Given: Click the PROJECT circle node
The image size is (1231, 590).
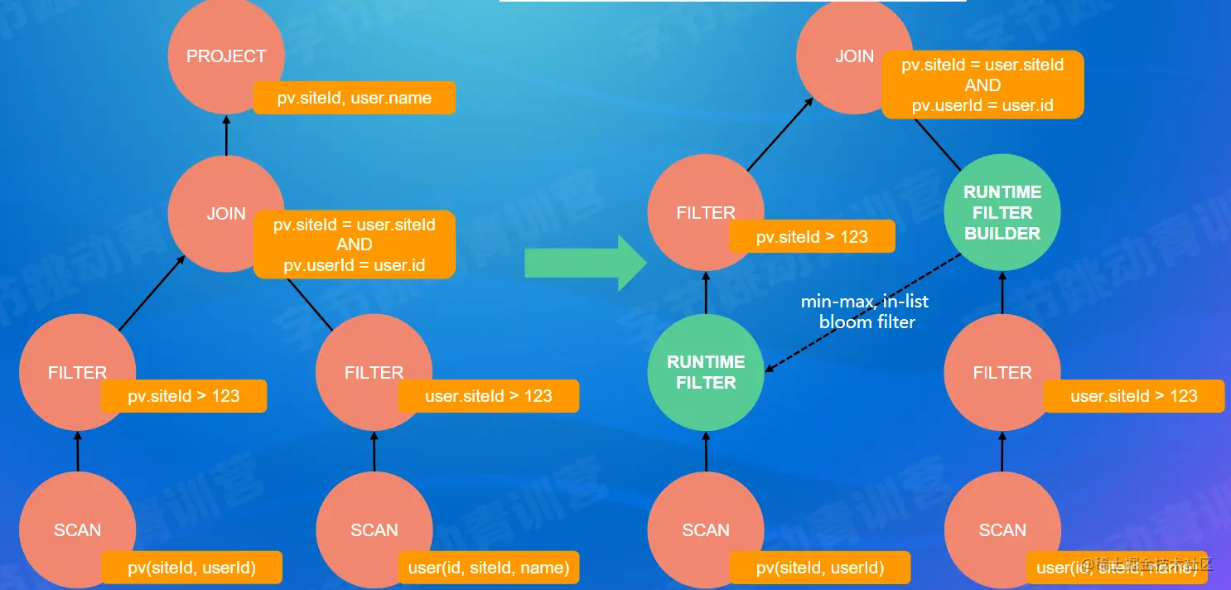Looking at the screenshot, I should pyautogui.click(x=225, y=56).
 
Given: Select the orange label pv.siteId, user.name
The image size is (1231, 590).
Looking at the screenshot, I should pyautogui.click(x=355, y=98).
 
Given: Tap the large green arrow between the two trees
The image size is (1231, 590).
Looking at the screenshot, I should pyautogui.click(x=585, y=263).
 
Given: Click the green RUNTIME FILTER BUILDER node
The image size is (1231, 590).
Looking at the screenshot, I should pyautogui.click(x=1002, y=213).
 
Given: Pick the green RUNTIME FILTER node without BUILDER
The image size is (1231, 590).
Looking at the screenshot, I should pyautogui.click(x=706, y=372).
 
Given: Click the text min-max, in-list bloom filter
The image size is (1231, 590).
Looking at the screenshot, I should pyautogui.click(x=867, y=312).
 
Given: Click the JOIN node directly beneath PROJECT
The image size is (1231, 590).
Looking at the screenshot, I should pyautogui.click(x=225, y=213).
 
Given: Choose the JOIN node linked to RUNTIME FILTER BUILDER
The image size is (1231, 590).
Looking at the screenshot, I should pyautogui.click(x=853, y=56).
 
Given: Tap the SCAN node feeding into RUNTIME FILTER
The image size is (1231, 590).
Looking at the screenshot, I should pyautogui.click(x=706, y=530).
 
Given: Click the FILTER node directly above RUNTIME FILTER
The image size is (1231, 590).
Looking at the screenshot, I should pyautogui.click(x=705, y=213).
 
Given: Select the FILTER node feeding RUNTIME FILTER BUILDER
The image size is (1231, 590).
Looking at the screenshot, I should pyautogui.click(x=1002, y=372).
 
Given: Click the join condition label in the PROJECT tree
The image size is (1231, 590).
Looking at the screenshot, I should pyautogui.click(x=355, y=244).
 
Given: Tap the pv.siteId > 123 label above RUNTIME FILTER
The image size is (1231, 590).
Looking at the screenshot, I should pyautogui.click(x=812, y=237).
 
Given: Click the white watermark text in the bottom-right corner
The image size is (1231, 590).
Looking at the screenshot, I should pyautogui.click(x=1147, y=564).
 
